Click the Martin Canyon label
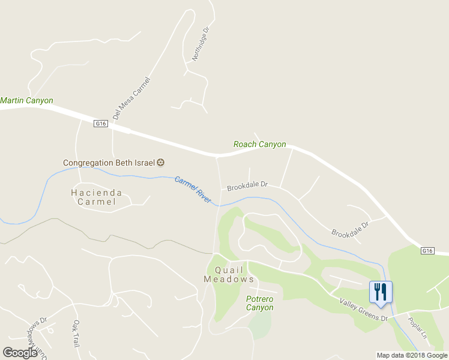pyautogui.click(x=26, y=101)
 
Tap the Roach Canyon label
pyautogui.click(x=259, y=145)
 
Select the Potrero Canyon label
pyautogui.click(x=260, y=303)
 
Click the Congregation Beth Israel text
pyautogui.click(x=109, y=163)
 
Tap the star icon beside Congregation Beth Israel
pyautogui.click(x=160, y=163)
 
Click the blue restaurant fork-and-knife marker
pyautogui.click(x=381, y=293)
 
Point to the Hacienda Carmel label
pyautogui.click(x=96, y=197)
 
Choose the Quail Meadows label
pyautogui.click(x=229, y=275)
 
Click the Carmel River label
pyautogui.click(x=193, y=189)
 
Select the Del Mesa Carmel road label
pyautogui.click(x=130, y=98)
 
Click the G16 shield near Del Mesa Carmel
pyautogui.click(x=100, y=124)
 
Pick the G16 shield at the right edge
pyautogui.click(x=427, y=250)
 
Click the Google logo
pyautogui.click(x=20, y=353)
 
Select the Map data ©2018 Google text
pyautogui.click(x=411, y=355)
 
